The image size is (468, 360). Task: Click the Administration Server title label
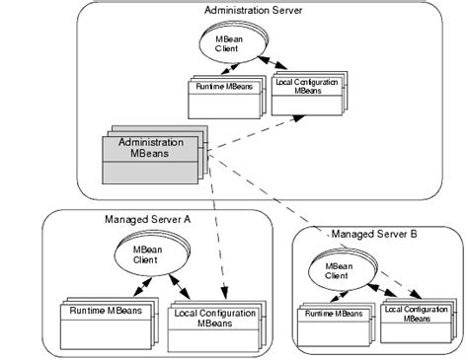(x=254, y=11)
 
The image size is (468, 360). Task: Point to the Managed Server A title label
(x=147, y=219)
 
